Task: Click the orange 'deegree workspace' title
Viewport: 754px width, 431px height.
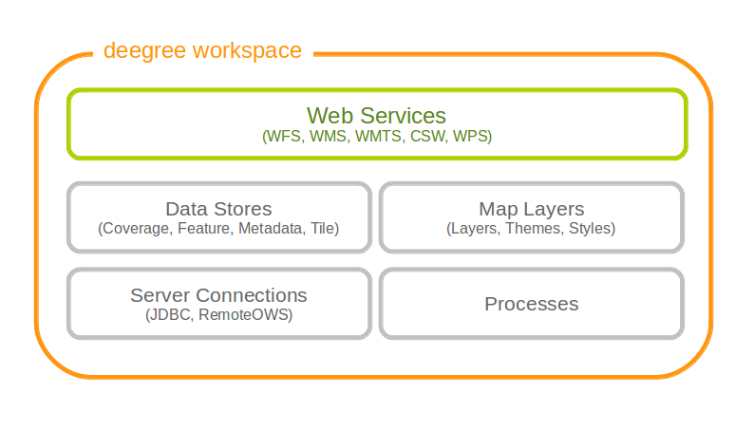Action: point(202,50)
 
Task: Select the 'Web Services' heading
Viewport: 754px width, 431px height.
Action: point(377,116)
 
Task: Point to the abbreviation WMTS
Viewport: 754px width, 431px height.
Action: point(379,137)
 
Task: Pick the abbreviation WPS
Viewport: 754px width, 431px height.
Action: point(469,137)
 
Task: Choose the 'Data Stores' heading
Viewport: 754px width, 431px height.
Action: point(218,209)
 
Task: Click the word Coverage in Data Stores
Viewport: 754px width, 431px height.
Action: point(135,229)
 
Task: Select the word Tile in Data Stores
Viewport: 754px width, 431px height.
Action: point(322,229)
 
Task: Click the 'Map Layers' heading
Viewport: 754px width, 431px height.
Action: point(531,209)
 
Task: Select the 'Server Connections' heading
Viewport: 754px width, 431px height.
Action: point(218,295)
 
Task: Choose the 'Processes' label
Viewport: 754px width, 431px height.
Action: point(531,304)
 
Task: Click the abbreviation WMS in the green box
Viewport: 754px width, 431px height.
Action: point(329,137)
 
